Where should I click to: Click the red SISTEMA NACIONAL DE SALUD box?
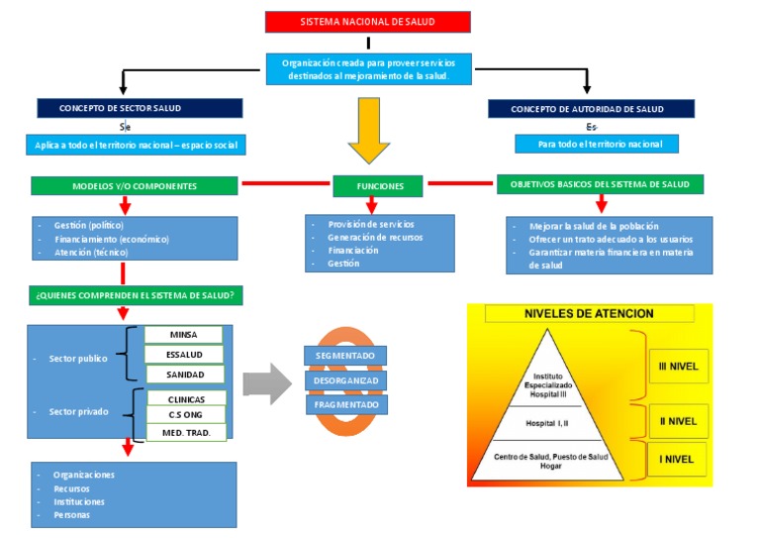368,22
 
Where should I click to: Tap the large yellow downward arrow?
369,130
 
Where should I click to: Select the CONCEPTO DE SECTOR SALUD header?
140,108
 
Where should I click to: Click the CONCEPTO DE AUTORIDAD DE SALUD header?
592,109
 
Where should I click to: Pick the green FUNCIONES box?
378,186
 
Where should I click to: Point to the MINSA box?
184,335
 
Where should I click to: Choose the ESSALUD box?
184,355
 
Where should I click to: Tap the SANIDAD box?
185,375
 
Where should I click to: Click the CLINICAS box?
187,398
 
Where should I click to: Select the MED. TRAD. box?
187,433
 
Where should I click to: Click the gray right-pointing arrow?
267,383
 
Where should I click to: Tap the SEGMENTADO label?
345,356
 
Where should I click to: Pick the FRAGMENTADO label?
346,404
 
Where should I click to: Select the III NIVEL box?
679,367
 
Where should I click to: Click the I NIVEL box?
677,459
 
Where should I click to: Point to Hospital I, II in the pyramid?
547,423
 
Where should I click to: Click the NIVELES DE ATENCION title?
589,313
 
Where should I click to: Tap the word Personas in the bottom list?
71,514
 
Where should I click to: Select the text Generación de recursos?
375,237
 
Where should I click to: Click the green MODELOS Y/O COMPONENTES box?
135,186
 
